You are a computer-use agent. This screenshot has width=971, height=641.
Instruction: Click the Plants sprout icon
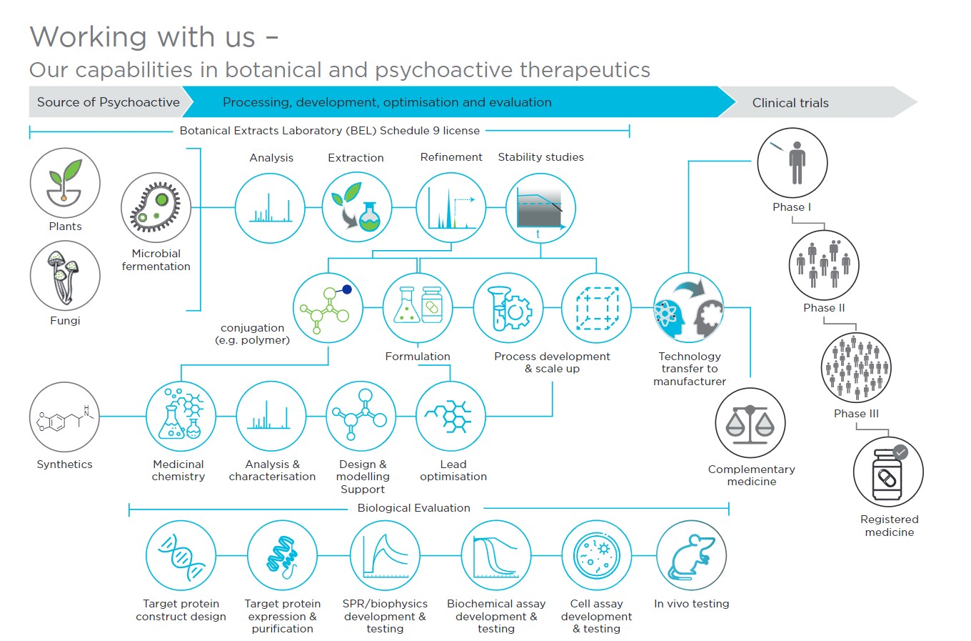65,183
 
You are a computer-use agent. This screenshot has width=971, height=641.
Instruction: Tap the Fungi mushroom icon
65,276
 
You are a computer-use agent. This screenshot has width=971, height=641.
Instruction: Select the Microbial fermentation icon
156,207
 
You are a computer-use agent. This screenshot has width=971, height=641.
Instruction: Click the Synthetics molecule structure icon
64,417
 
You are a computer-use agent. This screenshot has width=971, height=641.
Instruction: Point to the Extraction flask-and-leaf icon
357,207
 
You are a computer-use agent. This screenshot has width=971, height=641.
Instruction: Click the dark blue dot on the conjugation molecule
347,289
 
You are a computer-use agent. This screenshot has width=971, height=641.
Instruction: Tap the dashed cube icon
596,308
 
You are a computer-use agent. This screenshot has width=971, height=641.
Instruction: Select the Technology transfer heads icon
689,308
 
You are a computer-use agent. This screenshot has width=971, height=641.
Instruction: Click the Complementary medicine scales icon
750,423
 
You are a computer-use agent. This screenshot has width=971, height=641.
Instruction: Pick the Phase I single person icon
793,163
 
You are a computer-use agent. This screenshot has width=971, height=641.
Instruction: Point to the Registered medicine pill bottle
888,472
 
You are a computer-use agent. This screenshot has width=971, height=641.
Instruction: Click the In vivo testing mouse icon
691,555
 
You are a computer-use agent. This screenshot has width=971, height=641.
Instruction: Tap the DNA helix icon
181,555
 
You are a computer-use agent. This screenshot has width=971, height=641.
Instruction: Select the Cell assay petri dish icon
597,555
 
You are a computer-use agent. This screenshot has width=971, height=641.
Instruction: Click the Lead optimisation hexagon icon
451,417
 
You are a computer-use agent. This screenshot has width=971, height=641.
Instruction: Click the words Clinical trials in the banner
790,103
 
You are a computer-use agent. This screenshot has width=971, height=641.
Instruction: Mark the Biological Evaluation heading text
413,508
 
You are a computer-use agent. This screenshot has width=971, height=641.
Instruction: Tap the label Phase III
856,414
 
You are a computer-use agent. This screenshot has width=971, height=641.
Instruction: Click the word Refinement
451,157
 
